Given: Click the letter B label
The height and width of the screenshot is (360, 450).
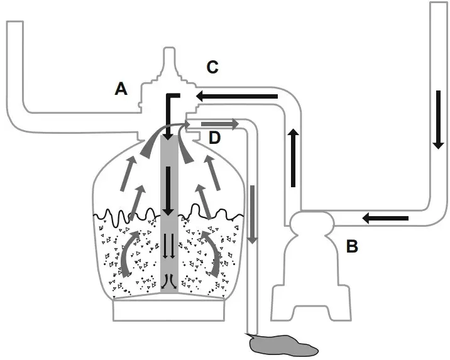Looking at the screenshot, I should point(353,246).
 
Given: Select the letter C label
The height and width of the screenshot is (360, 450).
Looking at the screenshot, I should point(212,65).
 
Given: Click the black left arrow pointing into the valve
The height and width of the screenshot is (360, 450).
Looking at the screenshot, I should point(236,96).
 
